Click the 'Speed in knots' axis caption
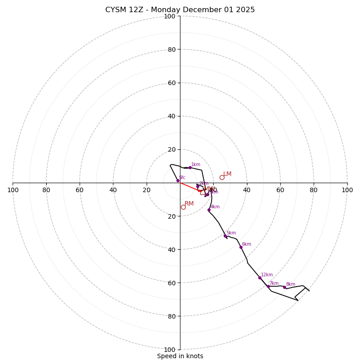(180, 356)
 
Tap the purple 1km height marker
(190, 167)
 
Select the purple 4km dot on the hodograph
(209, 210)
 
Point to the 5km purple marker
(225, 236)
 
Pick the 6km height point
(241, 247)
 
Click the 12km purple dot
(260, 278)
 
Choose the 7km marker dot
(268, 286)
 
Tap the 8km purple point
(284, 287)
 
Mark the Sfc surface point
(178, 180)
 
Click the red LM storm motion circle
(222, 177)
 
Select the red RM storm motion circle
(183, 207)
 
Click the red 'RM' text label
(189, 204)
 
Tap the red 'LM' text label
(227, 174)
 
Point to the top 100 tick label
(170, 16)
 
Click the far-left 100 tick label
(13, 190)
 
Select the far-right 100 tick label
(347, 190)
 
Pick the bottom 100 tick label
(170, 350)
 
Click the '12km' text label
(267, 275)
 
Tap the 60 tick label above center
(171, 83)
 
